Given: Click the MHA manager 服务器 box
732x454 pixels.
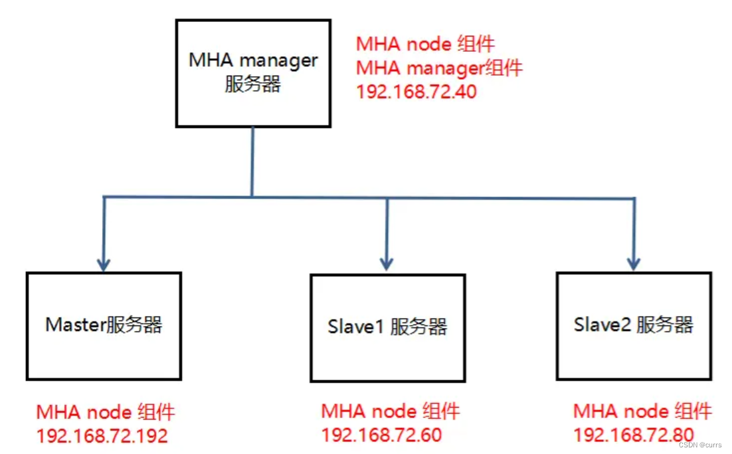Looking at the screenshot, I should (x=253, y=73).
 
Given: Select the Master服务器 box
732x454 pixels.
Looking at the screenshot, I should (x=104, y=325).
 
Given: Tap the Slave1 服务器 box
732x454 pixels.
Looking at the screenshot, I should (x=387, y=327).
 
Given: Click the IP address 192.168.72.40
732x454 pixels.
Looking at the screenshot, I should (x=416, y=92).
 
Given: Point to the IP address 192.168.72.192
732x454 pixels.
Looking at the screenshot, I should (x=102, y=435).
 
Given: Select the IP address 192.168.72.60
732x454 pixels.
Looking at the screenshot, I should (x=381, y=435).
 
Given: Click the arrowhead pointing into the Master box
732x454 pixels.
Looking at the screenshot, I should (x=104, y=264).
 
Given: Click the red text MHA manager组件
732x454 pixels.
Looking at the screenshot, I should (x=439, y=68).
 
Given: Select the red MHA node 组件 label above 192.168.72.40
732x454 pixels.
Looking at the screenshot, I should (x=425, y=44).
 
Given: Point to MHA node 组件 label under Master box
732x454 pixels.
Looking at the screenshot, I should (x=106, y=412).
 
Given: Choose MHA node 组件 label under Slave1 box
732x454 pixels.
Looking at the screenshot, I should (x=390, y=412).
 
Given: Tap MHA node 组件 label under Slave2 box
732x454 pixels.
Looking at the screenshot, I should (x=642, y=412).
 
